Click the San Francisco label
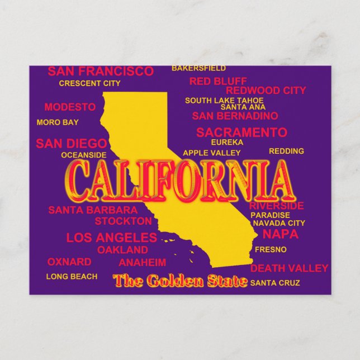[100, 72]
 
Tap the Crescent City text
[89, 84]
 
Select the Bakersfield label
[198, 68]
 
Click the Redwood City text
[266, 90]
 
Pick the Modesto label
[70, 107]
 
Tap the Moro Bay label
[58, 122]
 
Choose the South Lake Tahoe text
[216, 101]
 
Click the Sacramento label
[241, 132]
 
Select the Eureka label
[227, 143]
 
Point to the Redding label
[286, 151]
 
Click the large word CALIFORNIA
[179, 182]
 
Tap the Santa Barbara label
[93, 210]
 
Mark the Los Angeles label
[111, 238]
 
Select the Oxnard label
[69, 262]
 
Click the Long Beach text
[72, 277]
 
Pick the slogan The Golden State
[179, 281]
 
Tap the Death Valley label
[289, 268]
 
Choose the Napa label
[280, 234]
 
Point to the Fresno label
[271, 249]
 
